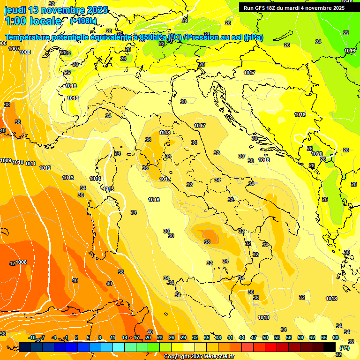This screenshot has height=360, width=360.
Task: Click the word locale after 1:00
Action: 45,21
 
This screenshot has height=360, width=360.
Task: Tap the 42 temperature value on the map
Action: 12,263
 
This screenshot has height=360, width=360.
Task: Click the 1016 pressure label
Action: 154,200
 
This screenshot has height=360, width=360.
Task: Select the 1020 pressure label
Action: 317,154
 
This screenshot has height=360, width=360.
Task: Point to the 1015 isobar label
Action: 108,189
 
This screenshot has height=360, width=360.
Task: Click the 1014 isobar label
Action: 95,179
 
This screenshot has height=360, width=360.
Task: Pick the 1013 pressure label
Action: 68,178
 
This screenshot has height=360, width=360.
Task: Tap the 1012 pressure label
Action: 45,168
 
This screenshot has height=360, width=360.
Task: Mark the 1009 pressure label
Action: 6,160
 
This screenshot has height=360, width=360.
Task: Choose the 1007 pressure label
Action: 14,49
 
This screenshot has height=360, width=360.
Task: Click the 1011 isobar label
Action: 30,164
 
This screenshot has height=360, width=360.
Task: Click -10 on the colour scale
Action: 32,337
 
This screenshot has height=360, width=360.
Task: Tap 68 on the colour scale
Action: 336,337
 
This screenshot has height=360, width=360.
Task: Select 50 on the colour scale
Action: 265,337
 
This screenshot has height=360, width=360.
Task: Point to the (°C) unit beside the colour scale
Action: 344,348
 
